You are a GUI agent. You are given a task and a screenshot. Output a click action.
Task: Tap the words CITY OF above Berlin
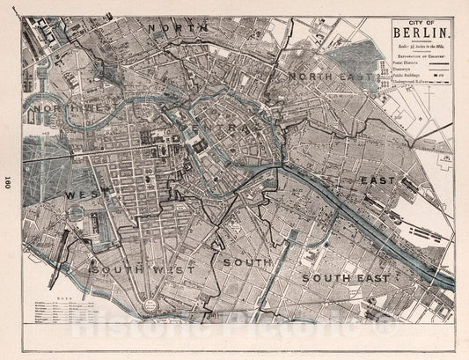click(x=415, y=22)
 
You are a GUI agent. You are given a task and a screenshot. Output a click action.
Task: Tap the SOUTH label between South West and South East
click(x=249, y=261)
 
